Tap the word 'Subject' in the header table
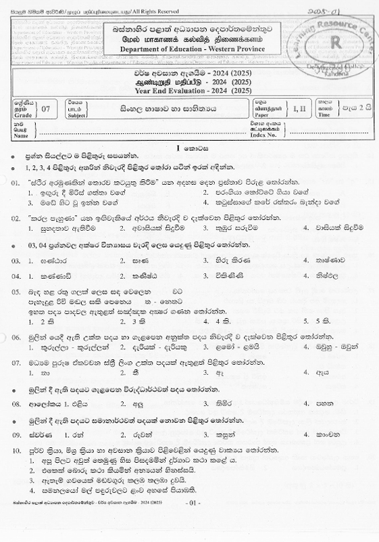tap(76, 116)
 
